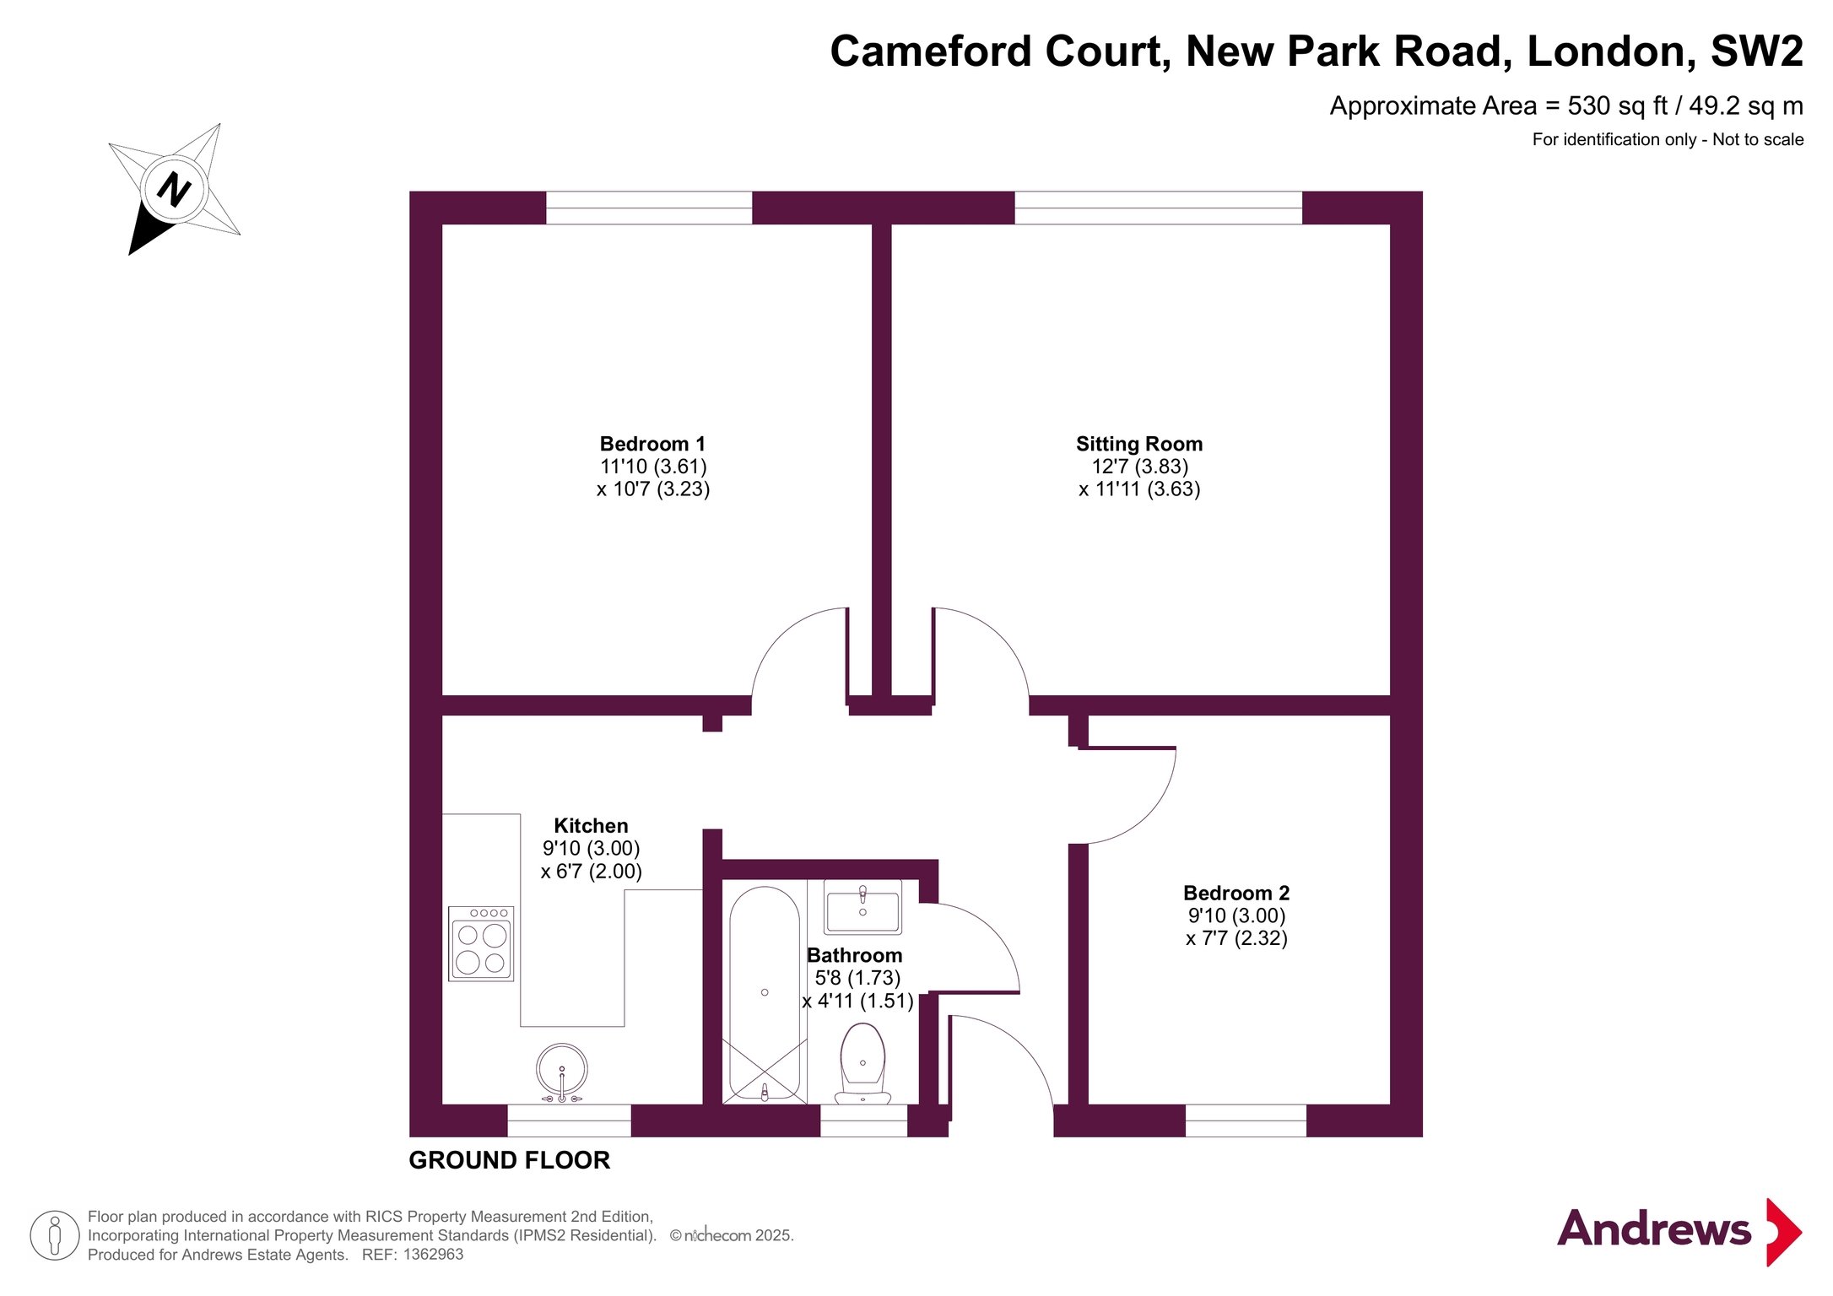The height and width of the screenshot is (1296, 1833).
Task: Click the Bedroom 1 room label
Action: click(x=652, y=444)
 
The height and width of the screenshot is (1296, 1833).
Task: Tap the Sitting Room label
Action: click(x=1139, y=444)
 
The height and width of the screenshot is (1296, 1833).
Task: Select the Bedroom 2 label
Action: click(x=1236, y=893)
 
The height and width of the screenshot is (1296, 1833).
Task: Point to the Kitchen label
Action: click(x=591, y=826)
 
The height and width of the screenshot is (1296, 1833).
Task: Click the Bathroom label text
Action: click(x=854, y=955)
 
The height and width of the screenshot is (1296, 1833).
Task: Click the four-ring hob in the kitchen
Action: click(x=481, y=943)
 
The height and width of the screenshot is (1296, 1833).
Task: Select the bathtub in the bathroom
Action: click(x=765, y=993)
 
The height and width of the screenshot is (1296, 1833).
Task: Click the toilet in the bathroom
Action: click(x=862, y=1064)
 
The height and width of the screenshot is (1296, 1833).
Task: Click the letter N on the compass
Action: click(x=174, y=189)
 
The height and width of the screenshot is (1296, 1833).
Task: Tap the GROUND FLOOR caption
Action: click(x=509, y=1160)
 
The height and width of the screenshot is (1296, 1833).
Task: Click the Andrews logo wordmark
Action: click(x=1654, y=1228)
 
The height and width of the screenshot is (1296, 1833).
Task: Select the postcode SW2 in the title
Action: click(x=1756, y=51)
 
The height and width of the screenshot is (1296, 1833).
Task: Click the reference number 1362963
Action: click(x=433, y=1255)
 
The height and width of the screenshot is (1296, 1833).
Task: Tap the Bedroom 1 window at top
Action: click(x=649, y=208)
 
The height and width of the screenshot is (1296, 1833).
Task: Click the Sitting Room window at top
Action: click(x=1158, y=208)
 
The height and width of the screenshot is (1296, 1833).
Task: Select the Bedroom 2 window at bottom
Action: click(x=1246, y=1120)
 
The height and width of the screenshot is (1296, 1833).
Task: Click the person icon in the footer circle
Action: click(x=55, y=1235)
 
